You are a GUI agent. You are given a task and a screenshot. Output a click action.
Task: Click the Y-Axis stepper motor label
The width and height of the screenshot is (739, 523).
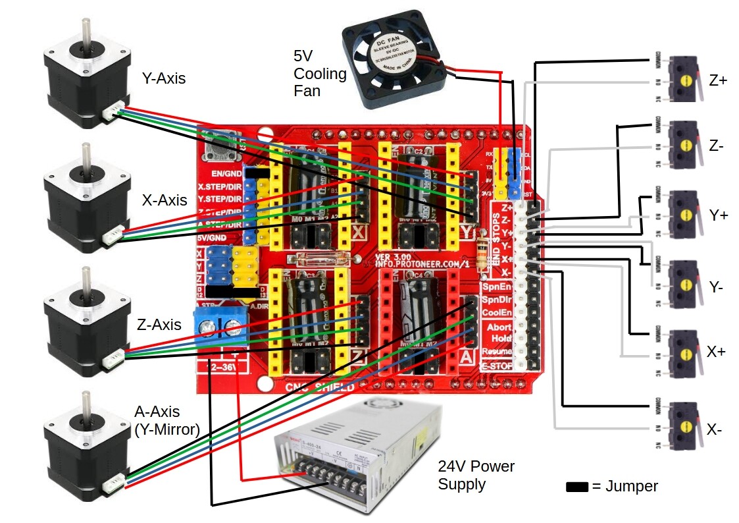coord(164,78)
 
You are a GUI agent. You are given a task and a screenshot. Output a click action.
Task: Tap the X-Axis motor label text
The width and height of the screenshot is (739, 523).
coord(165,200)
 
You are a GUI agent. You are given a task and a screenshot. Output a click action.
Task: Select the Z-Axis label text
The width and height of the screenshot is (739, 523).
coord(159,324)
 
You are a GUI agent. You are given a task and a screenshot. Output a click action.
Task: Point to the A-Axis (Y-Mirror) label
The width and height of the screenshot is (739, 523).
coord(166,422)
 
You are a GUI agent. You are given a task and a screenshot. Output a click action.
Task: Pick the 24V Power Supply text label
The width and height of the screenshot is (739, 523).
coord(476,476)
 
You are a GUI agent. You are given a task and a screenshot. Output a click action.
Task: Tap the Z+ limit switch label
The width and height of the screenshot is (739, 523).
coord(718,81)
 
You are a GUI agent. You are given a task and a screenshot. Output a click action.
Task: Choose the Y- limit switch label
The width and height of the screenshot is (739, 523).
coord(717,286)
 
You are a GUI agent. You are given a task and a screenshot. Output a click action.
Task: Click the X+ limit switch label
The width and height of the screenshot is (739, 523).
coord(716,352)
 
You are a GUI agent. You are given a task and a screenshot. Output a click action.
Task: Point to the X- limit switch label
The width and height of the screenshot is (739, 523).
coord(715,429)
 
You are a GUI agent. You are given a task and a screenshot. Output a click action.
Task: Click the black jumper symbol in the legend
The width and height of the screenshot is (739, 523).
coord(577,487)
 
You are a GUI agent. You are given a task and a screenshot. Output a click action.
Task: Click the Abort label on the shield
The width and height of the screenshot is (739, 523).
coord(499,327)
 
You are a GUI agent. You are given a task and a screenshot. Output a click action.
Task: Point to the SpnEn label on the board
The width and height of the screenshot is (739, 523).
coord(497,288)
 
